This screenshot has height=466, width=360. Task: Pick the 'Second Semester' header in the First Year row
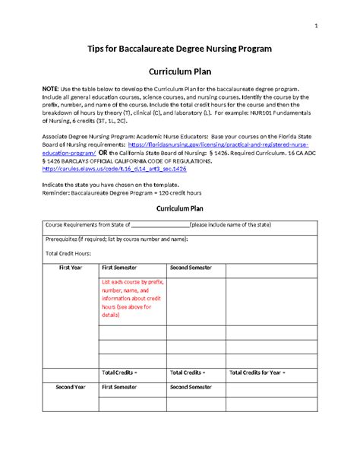[x=191, y=268]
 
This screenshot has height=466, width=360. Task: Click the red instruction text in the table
[x=133, y=297]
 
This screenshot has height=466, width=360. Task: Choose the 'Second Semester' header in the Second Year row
[x=191, y=387]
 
